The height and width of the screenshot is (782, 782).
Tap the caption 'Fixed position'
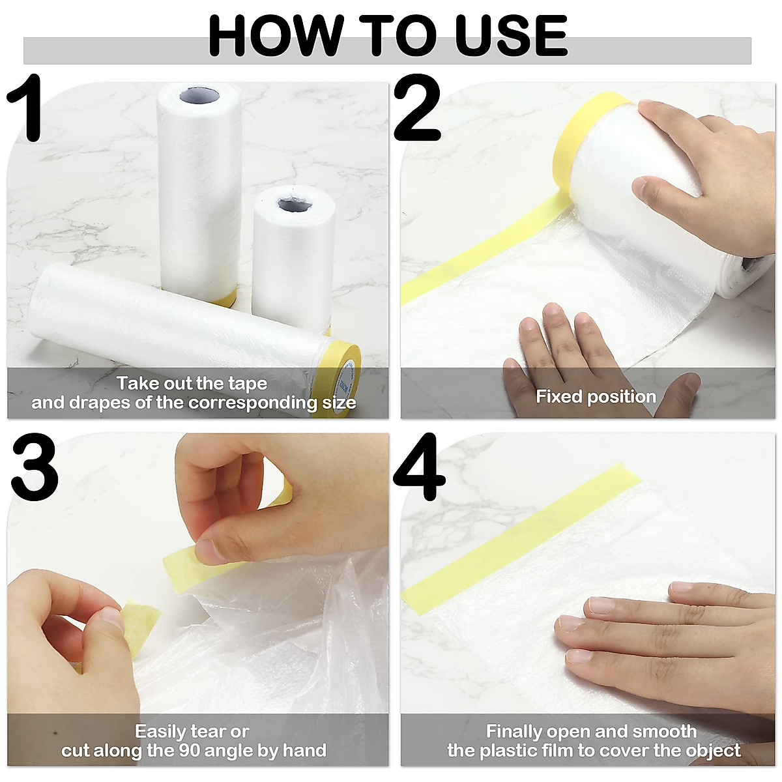[x=596, y=396]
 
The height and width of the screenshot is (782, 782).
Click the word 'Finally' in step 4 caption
[x=514, y=732]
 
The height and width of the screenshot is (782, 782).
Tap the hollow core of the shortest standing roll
[x=295, y=205]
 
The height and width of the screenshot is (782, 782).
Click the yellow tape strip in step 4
[x=515, y=534]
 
